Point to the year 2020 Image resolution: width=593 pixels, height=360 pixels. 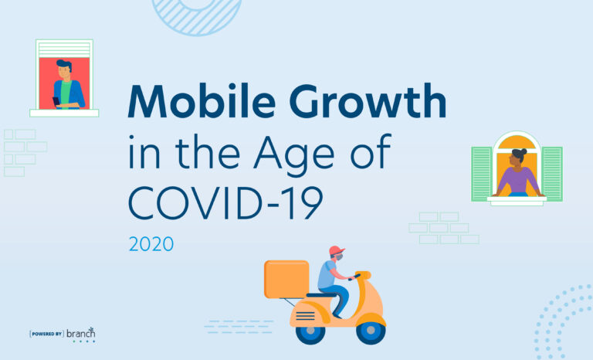151,245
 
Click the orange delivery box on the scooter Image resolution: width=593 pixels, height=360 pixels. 286,279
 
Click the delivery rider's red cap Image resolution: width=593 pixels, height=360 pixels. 336,250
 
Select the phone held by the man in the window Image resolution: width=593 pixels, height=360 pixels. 56,100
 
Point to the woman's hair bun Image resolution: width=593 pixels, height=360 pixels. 522,151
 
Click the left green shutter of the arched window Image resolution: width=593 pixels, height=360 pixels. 482,174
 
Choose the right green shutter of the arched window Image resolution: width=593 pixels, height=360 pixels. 551,174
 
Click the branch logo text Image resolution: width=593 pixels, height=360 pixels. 81,332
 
